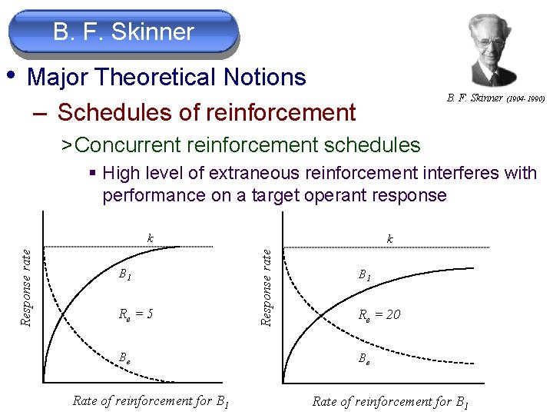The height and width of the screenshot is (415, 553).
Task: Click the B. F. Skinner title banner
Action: click(x=124, y=32)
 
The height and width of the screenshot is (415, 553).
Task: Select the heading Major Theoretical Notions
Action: click(x=166, y=78)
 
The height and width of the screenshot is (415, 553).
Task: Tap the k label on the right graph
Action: click(x=391, y=239)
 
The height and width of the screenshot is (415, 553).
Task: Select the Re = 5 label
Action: click(x=136, y=314)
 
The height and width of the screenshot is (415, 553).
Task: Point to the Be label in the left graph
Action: click(x=124, y=357)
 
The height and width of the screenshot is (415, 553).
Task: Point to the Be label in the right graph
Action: click(x=366, y=357)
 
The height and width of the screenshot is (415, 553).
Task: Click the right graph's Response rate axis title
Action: click(x=267, y=285)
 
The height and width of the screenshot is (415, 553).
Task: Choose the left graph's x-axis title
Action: click(x=151, y=400)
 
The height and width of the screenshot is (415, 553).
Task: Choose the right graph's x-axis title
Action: click(x=391, y=400)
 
